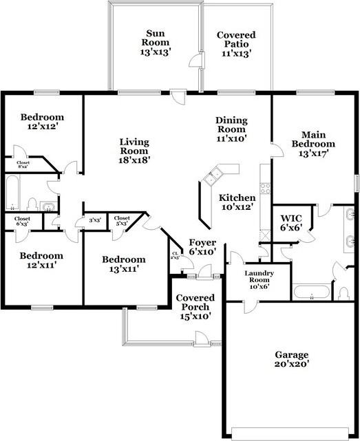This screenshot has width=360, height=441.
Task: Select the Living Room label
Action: pyautogui.click(x=134, y=151)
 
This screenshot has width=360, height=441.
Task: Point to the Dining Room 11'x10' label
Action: pyautogui.click(x=231, y=129)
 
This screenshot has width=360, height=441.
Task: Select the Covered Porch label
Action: pyautogui.click(x=195, y=307)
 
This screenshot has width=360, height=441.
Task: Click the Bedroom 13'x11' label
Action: pyautogui.click(x=124, y=264)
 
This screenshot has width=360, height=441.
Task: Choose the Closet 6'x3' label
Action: pyautogui.click(x=22, y=222)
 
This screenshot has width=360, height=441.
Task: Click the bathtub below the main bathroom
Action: pyautogui.click(x=312, y=294)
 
